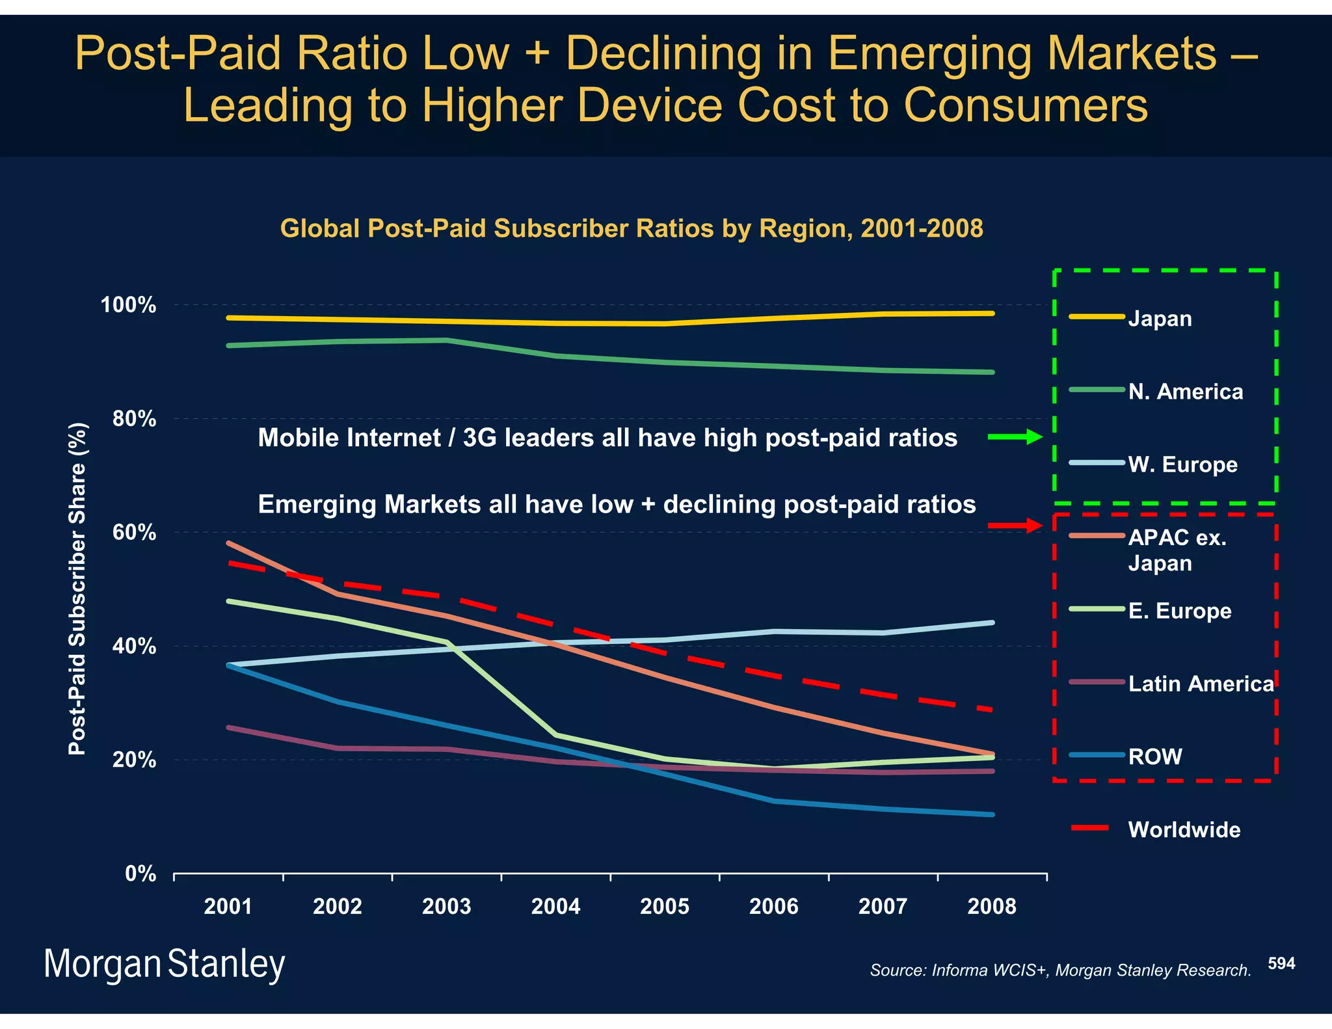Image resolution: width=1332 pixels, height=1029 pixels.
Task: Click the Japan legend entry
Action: coord(1159,319)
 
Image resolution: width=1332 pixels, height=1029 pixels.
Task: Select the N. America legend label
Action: coord(1185,392)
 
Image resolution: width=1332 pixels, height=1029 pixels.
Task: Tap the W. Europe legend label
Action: coord(1182,464)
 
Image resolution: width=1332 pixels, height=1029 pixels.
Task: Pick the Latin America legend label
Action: coord(1201,684)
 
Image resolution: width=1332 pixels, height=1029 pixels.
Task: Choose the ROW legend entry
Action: coord(1154,756)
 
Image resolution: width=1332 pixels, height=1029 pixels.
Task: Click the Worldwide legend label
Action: coord(1184,829)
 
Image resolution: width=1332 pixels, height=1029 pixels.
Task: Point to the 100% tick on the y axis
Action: coord(128,305)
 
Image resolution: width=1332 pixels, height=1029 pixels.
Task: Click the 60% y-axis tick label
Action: coord(134,533)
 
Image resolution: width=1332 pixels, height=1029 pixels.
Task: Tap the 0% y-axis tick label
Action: coord(140,874)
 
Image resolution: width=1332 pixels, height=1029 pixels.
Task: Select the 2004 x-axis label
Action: coord(555,906)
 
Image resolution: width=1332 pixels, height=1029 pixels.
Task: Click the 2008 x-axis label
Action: coord(991,906)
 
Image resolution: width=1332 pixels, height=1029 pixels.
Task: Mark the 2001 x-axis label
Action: coord(228,906)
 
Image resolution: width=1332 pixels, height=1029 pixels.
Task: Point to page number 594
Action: coord(1281,963)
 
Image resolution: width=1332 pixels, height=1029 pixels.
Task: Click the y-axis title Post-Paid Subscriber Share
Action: coord(77,589)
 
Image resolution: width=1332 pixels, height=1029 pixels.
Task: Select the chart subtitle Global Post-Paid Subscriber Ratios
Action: coord(631,228)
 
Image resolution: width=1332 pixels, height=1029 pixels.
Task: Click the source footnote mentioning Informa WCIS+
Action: coord(1060,970)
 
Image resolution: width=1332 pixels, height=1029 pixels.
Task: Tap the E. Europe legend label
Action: coord(1179,611)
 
